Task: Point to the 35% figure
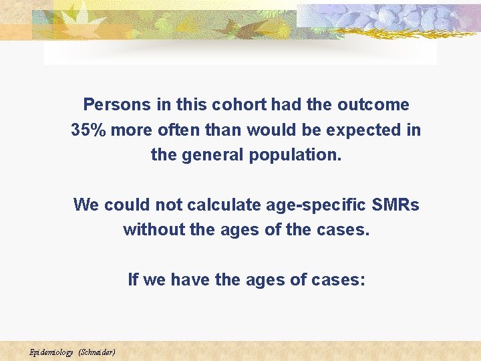pos(89,130)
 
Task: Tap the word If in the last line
pos(133,280)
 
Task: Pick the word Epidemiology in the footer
pos(51,352)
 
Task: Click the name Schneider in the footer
pos(98,352)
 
